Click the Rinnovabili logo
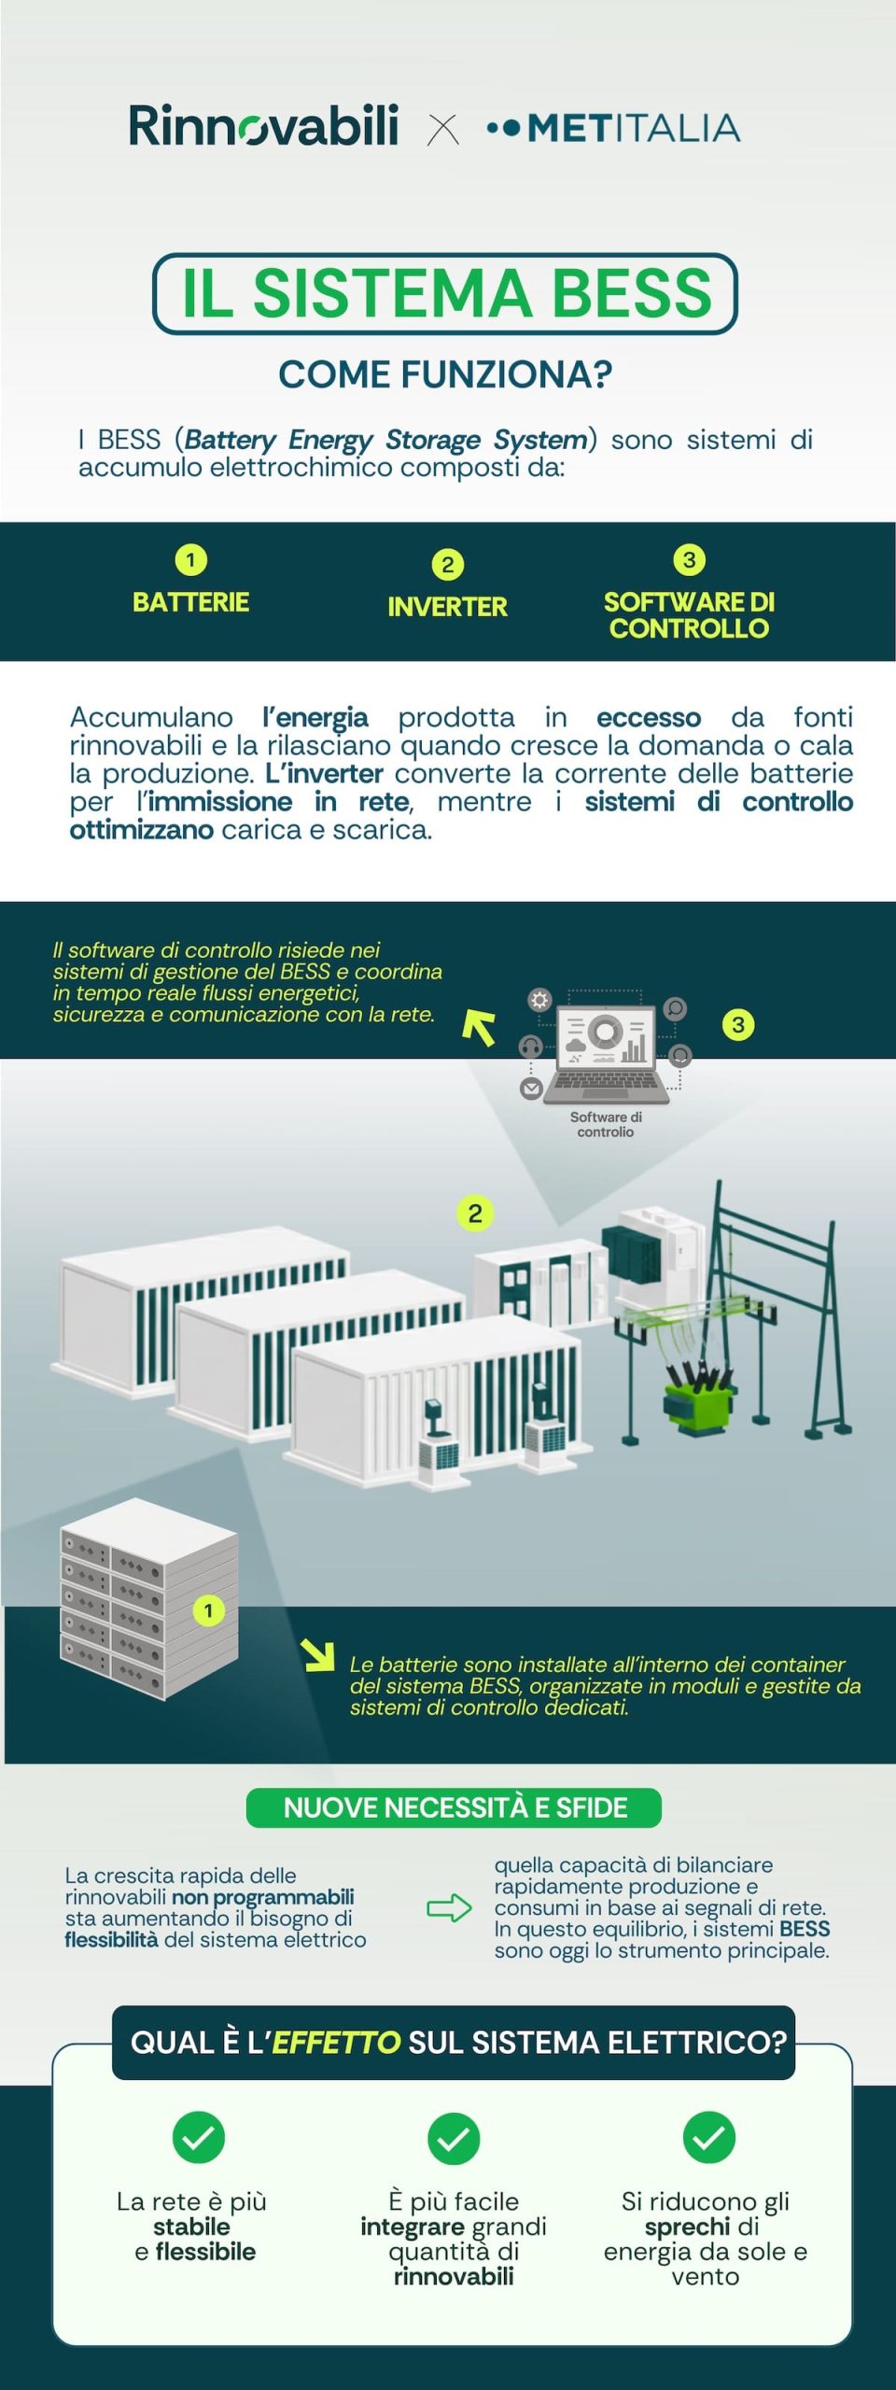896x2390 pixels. [263, 126]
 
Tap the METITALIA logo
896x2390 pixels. [613, 128]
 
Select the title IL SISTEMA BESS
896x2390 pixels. [446, 293]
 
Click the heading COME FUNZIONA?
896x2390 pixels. [445, 374]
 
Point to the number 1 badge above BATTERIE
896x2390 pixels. [191, 560]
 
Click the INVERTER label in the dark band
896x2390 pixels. [447, 607]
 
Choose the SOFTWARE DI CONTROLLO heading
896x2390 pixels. [689, 614]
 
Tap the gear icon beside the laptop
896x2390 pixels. [539, 1001]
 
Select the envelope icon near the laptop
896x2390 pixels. [531, 1089]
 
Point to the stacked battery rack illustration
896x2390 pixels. [149, 1597]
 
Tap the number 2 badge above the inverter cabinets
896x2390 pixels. [475, 1214]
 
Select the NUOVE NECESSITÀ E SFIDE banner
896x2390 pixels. [455, 1807]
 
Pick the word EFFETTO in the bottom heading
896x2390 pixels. [336, 2042]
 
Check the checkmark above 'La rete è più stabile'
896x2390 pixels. [199, 2137]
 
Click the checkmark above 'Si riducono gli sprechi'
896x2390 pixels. [709, 2137]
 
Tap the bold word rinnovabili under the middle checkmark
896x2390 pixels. [454, 2275]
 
